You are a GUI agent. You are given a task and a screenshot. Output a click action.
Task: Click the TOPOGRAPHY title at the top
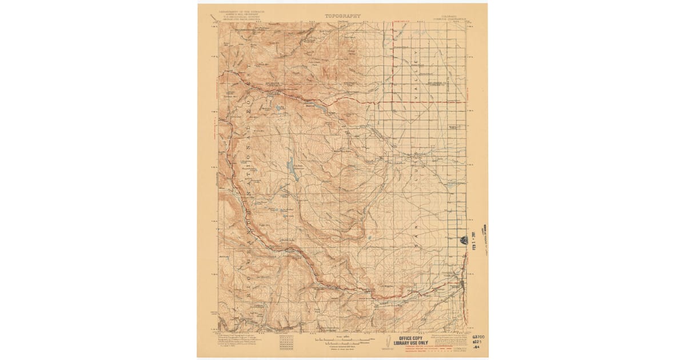pyautogui.click(x=342, y=16)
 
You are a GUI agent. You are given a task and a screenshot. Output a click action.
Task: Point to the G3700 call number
pyautogui.click(x=478, y=338)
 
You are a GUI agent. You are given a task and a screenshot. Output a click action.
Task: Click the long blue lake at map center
pyautogui.click(x=292, y=169)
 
